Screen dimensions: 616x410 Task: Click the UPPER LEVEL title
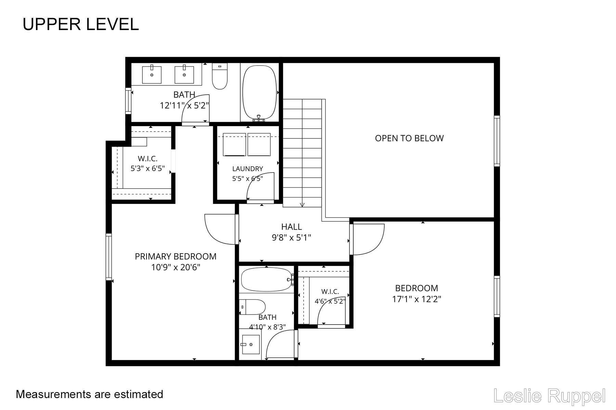[81, 24]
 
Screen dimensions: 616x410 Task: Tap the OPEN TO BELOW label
[409, 138]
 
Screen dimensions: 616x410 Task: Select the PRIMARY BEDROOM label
[176, 257]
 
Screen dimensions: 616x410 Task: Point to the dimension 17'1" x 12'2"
[416, 299]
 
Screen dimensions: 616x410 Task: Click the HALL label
[292, 227]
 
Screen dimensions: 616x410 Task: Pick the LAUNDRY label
[247, 169]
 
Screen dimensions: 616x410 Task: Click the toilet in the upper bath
[220, 76]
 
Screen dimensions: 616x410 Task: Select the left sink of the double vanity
[151, 74]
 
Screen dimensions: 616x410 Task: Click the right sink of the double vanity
[184, 74]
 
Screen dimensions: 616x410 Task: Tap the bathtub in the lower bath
[267, 279]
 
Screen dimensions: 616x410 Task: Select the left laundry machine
[234, 145]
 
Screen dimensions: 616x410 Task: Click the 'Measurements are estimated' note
[90, 394]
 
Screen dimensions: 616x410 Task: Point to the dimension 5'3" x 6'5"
[148, 168]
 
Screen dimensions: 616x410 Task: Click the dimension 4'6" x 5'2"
[330, 301]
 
